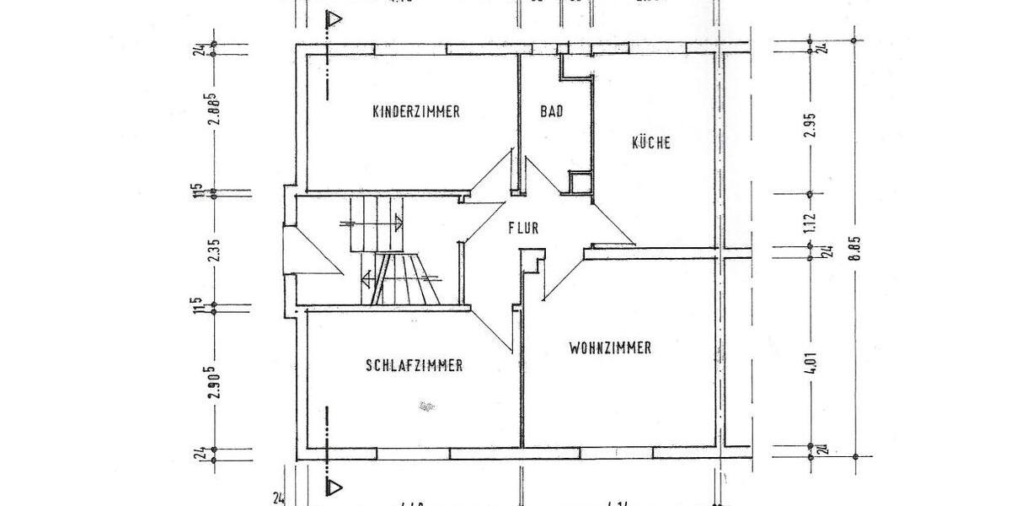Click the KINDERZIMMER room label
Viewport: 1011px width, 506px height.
coord(416,111)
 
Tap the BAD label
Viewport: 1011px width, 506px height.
coord(552,111)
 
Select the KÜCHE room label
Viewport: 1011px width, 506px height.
coord(651,143)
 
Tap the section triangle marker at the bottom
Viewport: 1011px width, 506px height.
coord(336,487)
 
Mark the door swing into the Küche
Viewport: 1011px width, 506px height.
coord(611,223)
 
